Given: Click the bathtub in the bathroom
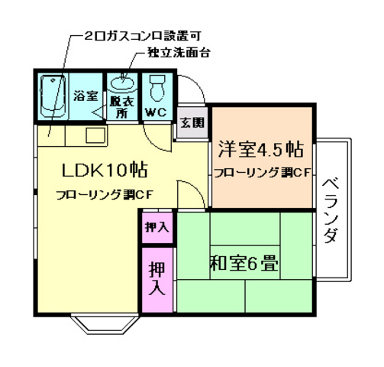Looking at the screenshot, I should tap(52, 97).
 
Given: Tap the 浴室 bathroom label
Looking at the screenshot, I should tap(85, 97).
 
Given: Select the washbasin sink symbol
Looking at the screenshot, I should tap(121, 83).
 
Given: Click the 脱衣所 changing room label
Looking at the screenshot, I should tap(119, 106).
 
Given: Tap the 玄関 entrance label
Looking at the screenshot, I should tap(192, 122).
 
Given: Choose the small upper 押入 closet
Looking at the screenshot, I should tap(158, 227).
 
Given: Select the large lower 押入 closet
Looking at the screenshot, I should tap(157, 278).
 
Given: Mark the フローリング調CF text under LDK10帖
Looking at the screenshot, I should tap(105, 193).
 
